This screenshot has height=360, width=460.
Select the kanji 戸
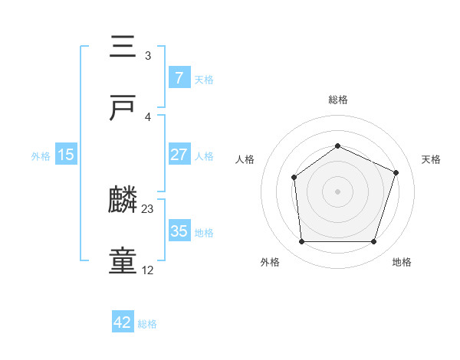123,109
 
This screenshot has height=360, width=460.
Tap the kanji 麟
123,201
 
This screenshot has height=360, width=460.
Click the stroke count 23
148,208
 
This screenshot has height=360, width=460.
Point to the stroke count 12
148,270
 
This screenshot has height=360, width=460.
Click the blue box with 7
179,78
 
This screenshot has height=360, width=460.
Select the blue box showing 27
179,155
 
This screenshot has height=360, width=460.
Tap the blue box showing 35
179,231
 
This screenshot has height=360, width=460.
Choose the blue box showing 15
66,155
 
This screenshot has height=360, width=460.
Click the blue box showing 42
123,322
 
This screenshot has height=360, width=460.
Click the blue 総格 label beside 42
147,324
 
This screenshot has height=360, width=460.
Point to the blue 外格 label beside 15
41,155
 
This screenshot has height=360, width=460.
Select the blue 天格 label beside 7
204,79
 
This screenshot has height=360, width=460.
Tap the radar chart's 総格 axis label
338,100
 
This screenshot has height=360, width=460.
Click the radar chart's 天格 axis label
432,159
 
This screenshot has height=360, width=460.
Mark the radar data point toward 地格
373,242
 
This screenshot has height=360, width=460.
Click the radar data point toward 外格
301,242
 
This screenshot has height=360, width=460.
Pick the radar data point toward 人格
294,178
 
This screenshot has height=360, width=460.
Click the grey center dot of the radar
337,191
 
